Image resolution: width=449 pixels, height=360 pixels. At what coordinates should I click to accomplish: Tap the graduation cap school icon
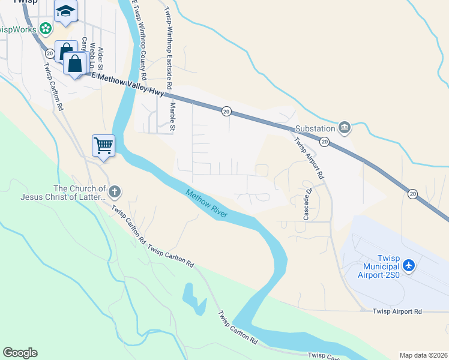[65, 11]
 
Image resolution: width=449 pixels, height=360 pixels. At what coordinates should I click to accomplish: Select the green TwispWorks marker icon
[46, 29]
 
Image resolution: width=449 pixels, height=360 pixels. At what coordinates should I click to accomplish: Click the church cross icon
[114, 192]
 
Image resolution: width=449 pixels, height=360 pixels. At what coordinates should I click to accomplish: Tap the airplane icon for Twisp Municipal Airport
[409, 265]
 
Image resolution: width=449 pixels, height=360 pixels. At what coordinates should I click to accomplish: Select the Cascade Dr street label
[307, 205]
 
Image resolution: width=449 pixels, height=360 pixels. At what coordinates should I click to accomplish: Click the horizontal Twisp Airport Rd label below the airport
[397, 311]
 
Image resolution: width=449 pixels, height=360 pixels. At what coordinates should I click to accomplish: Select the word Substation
[315, 129]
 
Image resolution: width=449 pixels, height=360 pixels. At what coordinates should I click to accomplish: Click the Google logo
[20, 353]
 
